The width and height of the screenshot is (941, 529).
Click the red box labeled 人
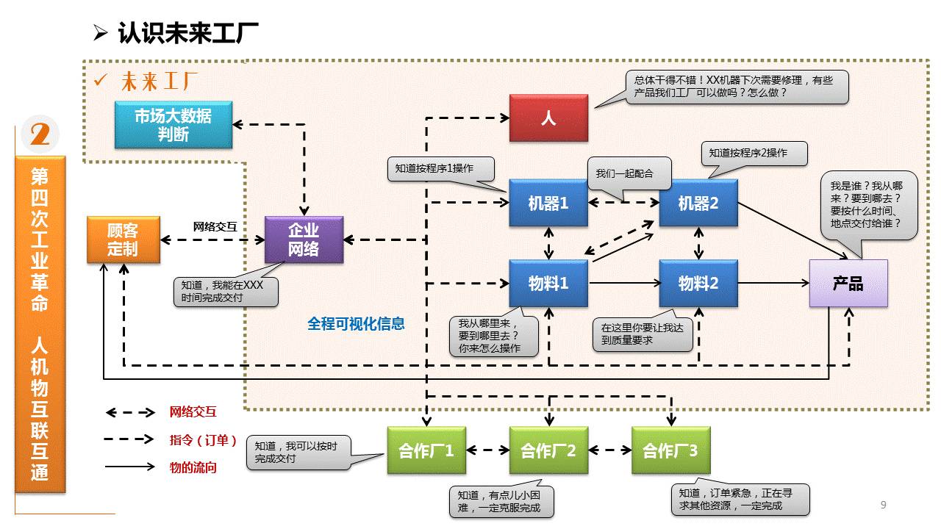[548, 118]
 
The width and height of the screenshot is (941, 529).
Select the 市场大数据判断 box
[173, 125]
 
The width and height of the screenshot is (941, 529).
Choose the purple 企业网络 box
[304, 240]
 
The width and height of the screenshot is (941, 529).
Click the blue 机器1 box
[548, 203]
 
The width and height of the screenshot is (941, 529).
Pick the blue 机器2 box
[698, 203]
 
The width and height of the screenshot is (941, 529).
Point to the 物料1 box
[548, 283]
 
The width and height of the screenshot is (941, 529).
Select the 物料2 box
[698, 283]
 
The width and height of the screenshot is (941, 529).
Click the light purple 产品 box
[848, 284]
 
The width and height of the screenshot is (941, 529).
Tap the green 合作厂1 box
[426, 450]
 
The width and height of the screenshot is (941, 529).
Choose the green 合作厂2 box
[548, 450]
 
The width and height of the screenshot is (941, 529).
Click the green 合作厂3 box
[670, 450]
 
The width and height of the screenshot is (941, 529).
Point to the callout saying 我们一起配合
[624, 174]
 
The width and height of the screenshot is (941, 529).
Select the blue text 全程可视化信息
[356, 323]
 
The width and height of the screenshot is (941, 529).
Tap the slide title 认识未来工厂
[187, 33]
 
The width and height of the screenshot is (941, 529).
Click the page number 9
[883, 505]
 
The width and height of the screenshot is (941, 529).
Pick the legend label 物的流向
[193, 467]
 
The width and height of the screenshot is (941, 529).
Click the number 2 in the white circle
[40, 134]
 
